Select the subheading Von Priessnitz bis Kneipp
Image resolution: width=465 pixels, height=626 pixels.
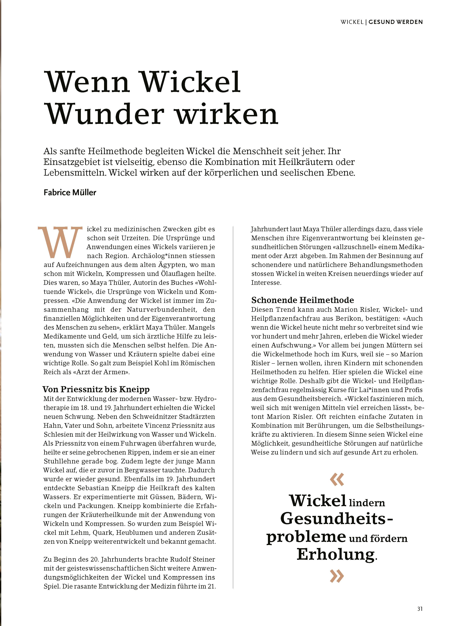pos(96,389)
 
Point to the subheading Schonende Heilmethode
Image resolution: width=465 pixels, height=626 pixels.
pos(303,300)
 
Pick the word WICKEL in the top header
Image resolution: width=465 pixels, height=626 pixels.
pos(352,22)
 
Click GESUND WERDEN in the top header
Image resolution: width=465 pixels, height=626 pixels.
pos(396,22)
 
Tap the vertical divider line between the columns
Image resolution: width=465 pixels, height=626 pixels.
pos(233,408)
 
